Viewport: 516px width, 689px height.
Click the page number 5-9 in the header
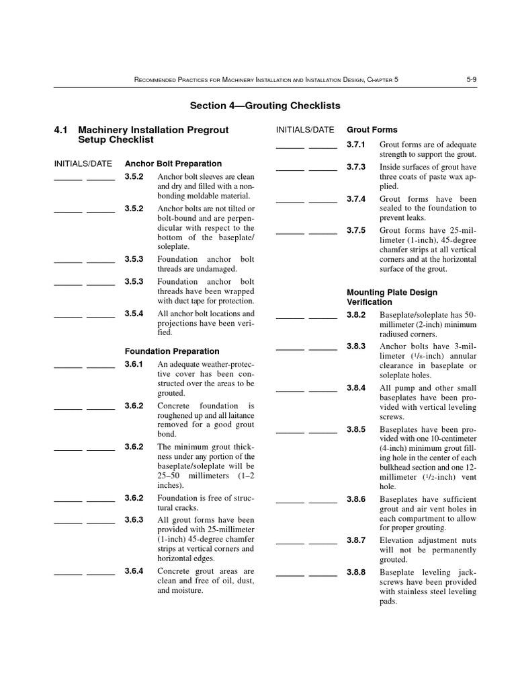(471, 79)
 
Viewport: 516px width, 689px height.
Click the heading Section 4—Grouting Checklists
(265, 106)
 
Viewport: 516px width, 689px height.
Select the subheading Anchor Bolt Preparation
(173, 164)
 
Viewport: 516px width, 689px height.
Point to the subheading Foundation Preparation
(172, 351)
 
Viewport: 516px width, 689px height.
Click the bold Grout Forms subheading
(372, 129)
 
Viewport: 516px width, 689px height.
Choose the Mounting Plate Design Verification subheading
(392, 297)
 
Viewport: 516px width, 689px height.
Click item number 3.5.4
(134, 314)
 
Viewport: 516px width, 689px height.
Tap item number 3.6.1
(134, 364)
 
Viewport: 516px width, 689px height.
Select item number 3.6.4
(134, 571)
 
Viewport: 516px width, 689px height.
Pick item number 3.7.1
(356, 145)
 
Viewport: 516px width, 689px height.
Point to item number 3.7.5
(356, 229)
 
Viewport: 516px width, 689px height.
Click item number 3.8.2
(356, 314)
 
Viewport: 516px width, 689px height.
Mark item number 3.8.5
(356, 429)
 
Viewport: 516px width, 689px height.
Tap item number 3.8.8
(356, 572)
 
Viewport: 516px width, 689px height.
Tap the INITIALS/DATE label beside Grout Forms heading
(305, 129)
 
